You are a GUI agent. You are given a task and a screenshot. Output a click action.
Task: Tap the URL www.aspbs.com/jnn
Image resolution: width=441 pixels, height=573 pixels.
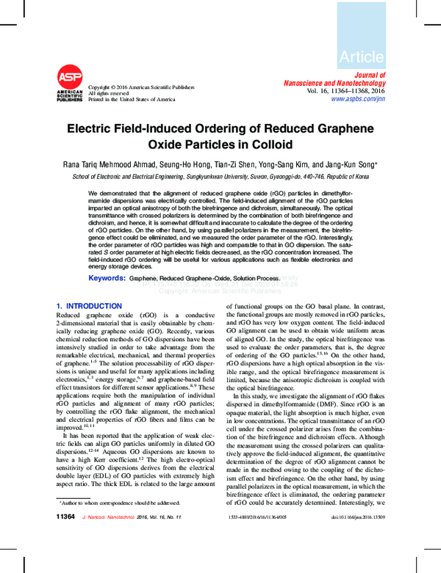point(357,98)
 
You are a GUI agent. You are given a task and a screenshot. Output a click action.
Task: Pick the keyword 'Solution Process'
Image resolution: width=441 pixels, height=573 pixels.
point(257,280)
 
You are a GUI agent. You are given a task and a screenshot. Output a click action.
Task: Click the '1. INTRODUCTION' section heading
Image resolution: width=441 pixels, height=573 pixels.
point(89,305)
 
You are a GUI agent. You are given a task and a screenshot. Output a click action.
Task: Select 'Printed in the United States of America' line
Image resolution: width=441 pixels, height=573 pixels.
point(132,99)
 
